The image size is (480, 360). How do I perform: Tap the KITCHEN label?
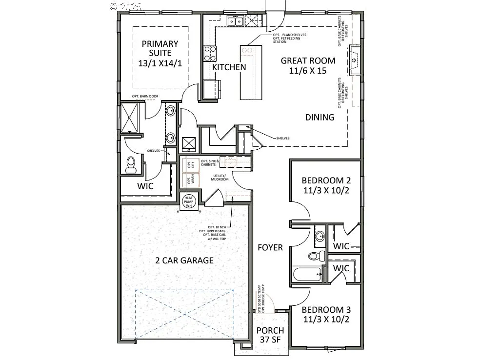[x=229, y=67]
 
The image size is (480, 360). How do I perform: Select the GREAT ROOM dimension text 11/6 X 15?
[x=308, y=71]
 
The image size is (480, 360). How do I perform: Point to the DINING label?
[x=320, y=117]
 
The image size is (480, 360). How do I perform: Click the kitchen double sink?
[x=236, y=21]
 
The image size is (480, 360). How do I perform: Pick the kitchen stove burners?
[x=210, y=52]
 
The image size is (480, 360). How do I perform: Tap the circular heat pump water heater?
[x=188, y=201]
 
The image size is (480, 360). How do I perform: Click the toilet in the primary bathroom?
[x=131, y=164]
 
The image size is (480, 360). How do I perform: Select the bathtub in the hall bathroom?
[x=307, y=274]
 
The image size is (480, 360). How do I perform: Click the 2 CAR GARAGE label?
[x=184, y=260]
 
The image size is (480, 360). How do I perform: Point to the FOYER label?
[x=270, y=248]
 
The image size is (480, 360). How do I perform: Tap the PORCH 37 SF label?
[x=270, y=335]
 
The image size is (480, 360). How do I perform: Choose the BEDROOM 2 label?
[x=326, y=180]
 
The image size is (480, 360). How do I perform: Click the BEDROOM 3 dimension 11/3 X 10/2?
[x=326, y=320]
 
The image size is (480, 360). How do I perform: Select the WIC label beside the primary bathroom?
[x=145, y=186]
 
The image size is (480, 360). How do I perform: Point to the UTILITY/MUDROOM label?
[x=220, y=178]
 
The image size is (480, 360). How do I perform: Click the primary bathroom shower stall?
[x=130, y=117]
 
